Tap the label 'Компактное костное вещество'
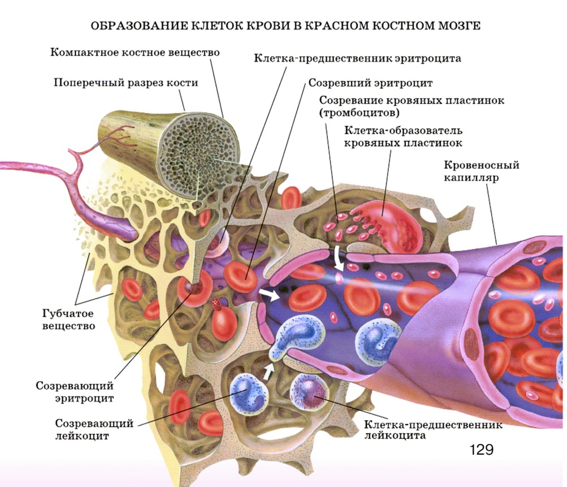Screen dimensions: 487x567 135,53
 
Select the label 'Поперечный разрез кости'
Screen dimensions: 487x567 125,83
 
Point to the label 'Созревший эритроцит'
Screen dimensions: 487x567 370,83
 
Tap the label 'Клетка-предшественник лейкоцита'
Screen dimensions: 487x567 432,430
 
